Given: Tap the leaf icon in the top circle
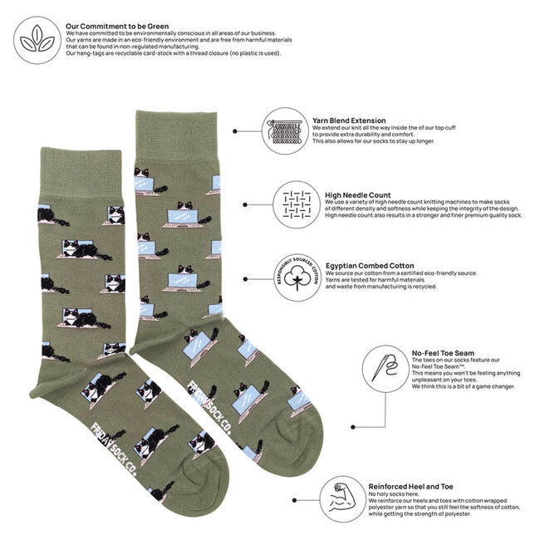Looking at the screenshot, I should click(36, 39).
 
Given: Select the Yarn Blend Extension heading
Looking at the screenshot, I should click(349, 120).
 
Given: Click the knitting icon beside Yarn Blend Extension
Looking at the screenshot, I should click(285, 130).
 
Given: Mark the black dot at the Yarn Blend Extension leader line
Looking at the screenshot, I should click(235, 131).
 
